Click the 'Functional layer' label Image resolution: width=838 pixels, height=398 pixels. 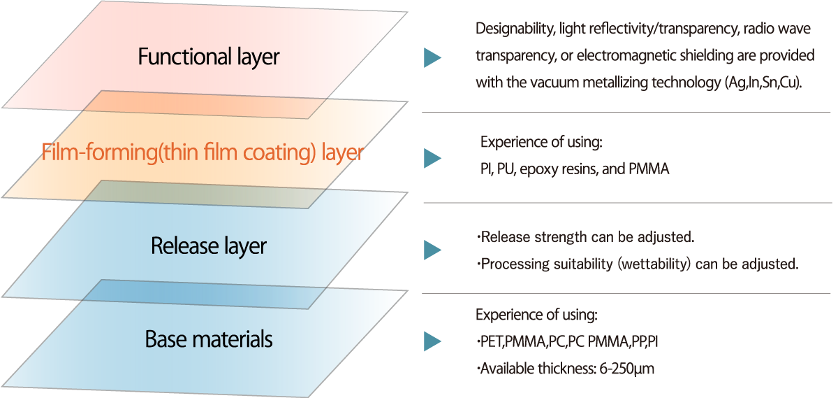click(x=208, y=57)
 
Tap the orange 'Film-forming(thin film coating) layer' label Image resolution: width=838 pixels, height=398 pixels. click(x=203, y=152)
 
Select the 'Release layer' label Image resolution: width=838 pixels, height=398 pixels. click(x=209, y=246)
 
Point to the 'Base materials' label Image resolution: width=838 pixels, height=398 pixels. click(x=209, y=340)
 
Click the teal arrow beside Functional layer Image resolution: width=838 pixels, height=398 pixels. click(x=433, y=58)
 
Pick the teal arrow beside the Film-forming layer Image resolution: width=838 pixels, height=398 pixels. click(x=433, y=157)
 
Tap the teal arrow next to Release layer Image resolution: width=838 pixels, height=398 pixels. click(x=433, y=250)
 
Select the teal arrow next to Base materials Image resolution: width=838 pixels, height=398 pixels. click(x=433, y=341)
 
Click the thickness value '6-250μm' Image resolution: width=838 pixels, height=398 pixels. click(x=626, y=369)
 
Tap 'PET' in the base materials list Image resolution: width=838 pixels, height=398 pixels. click(x=490, y=342)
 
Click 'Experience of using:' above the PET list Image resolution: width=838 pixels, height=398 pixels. click(x=536, y=315)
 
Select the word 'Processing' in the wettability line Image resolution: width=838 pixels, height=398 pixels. click(x=512, y=264)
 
